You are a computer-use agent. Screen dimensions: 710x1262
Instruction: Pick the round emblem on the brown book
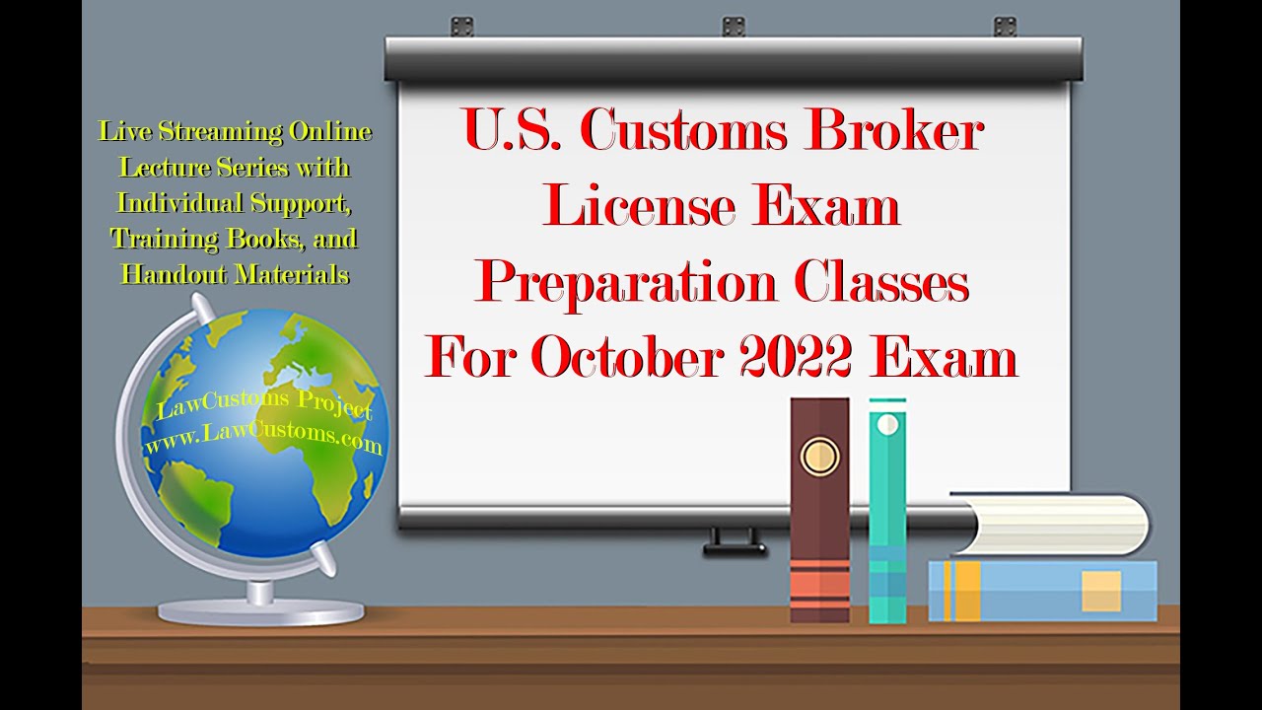coord(819,456)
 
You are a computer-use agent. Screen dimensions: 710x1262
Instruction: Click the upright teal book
coord(887,513)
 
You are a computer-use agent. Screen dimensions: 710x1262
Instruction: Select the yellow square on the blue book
coord(1101,591)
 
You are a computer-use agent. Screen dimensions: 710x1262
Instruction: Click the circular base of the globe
coord(261,612)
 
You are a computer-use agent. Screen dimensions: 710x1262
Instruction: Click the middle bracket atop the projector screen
coord(734,27)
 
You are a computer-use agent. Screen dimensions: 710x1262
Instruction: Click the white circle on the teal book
coord(887,425)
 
